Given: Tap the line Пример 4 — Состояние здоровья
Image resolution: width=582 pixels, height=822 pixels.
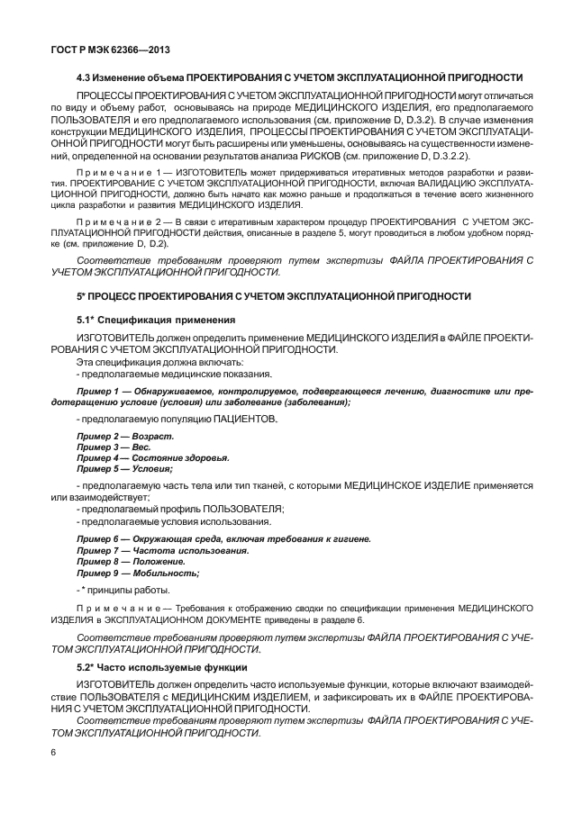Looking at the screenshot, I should click(x=152, y=457).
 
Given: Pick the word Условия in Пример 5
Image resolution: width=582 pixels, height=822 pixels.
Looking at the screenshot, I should click(x=152, y=468).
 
